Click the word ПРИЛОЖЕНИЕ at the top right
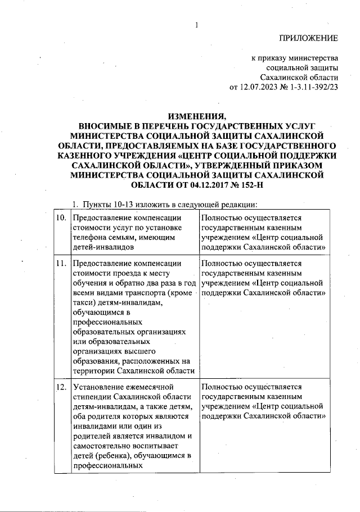tap(309, 39)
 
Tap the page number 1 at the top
tap(197, 25)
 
